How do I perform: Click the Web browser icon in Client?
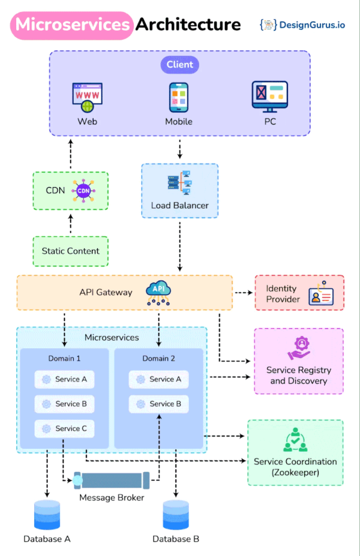[87, 98]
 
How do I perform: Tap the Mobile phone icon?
[179, 97]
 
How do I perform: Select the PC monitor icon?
[269, 97]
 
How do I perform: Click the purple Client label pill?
[179, 64]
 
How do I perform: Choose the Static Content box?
[71, 251]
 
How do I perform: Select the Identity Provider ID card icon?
[321, 295]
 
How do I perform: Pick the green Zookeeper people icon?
[295, 441]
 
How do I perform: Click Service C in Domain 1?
[65, 428]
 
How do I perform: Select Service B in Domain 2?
[159, 404]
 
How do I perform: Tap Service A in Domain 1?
[65, 379]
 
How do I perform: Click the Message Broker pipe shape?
[112, 480]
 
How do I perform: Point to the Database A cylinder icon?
[47, 515]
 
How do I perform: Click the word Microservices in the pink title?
[73, 25]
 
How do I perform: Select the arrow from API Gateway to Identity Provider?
[243, 293]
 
